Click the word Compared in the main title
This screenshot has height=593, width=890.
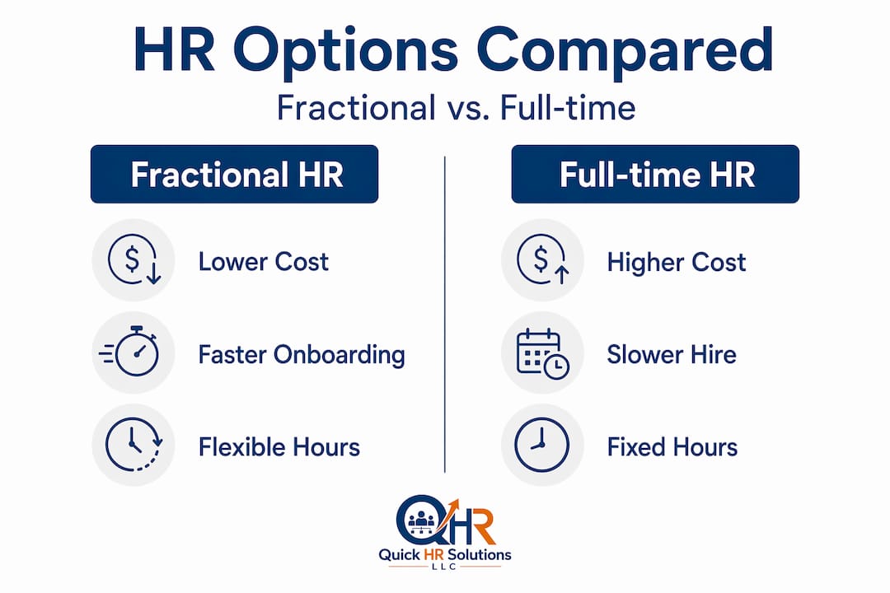click(x=625, y=51)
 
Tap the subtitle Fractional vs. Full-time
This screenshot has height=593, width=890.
click(x=457, y=108)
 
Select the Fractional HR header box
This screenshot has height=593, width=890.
click(x=234, y=174)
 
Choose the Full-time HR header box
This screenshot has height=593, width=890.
click(x=655, y=174)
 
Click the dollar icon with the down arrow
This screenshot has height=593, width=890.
click(x=134, y=260)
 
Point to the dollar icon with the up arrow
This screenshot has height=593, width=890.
click(x=543, y=260)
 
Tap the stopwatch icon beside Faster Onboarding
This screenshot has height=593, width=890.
click(x=130, y=352)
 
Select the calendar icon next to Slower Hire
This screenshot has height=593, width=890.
click(x=542, y=353)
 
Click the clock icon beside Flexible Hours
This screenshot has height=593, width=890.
click(x=134, y=444)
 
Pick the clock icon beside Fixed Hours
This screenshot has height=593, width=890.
click(x=541, y=445)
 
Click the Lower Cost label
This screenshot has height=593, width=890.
click(x=264, y=262)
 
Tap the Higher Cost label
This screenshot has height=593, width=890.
click(x=677, y=262)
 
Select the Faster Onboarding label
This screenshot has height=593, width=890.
click(x=302, y=355)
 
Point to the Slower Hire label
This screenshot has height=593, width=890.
click(x=672, y=355)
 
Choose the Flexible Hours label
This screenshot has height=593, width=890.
click(x=279, y=447)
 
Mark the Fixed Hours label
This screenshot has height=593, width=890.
click(x=672, y=447)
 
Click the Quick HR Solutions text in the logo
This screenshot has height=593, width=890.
click(x=445, y=554)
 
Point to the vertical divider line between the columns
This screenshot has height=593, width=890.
click(x=444, y=314)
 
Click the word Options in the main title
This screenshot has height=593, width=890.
click(x=345, y=51)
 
